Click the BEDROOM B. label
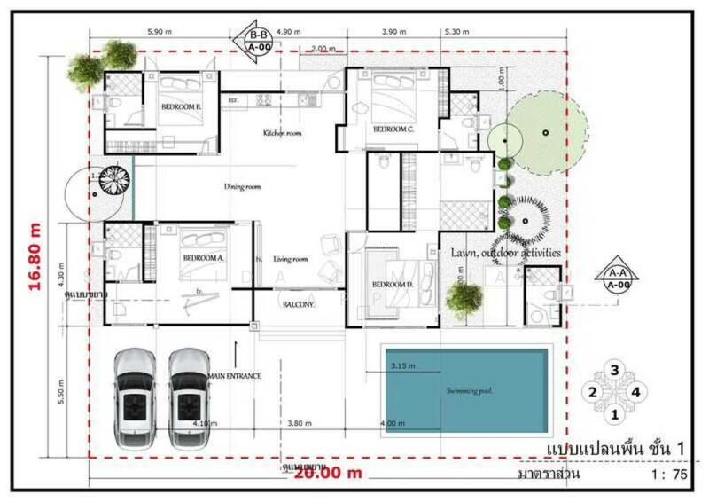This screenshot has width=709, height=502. (x=179, y=106)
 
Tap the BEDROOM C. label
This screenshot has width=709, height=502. (x=393, y=129)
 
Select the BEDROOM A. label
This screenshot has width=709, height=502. (x=203, y=258)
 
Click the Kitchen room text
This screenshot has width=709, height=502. (x=283, y=133)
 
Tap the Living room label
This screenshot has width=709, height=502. (x=290, y=259)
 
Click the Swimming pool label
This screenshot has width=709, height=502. (x=469, y=390)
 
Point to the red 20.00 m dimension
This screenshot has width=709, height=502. (x=329, y=473)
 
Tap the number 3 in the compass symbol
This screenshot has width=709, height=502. (x=613, y=371)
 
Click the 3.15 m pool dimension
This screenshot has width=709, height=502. (x=403, y=365)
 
